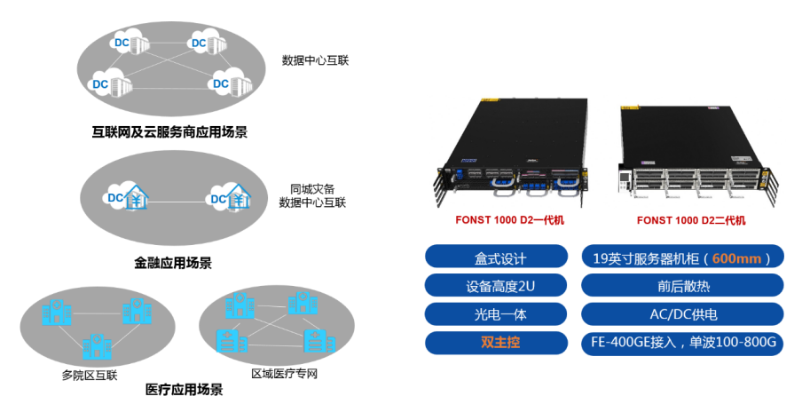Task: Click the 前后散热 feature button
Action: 682,287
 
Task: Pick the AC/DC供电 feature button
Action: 682,314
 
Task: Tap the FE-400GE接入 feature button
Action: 682,343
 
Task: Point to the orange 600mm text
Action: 735,258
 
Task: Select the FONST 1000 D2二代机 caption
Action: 691,220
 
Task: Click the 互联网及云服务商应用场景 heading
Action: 169,133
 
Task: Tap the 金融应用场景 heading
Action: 173,263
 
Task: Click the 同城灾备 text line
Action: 311,189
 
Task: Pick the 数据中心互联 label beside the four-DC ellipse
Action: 316,60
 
